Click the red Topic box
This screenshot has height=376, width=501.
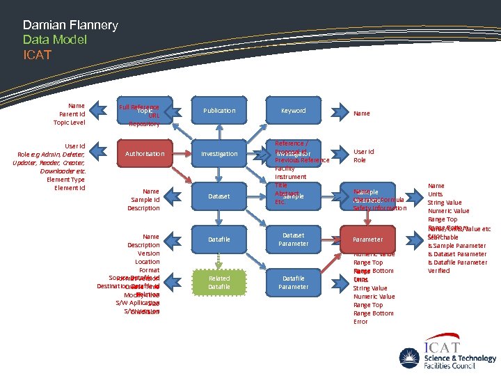[145, 111]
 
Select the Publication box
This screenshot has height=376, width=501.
[219, 111]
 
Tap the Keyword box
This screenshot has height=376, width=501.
[293, 111]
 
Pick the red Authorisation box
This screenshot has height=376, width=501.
[145, 154]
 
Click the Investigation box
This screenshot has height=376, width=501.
[219, 154]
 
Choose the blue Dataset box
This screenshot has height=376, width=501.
[219, 196]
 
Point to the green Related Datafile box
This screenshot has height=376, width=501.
[219, 282]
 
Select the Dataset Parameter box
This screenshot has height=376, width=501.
[293, 240]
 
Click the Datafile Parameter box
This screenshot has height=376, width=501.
[293, 282]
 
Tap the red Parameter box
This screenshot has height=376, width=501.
[367, 240]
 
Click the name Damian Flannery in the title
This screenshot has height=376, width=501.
[70, 25]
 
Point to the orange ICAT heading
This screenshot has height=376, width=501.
[37, 54]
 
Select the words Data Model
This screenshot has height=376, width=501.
[55, 40]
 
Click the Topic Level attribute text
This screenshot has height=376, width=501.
[69, 123]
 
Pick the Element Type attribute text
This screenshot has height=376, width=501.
[66, 180]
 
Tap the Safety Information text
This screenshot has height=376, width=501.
[380, 208]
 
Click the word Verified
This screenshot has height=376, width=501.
[440, 271]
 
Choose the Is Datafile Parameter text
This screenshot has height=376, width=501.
[457, 263]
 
